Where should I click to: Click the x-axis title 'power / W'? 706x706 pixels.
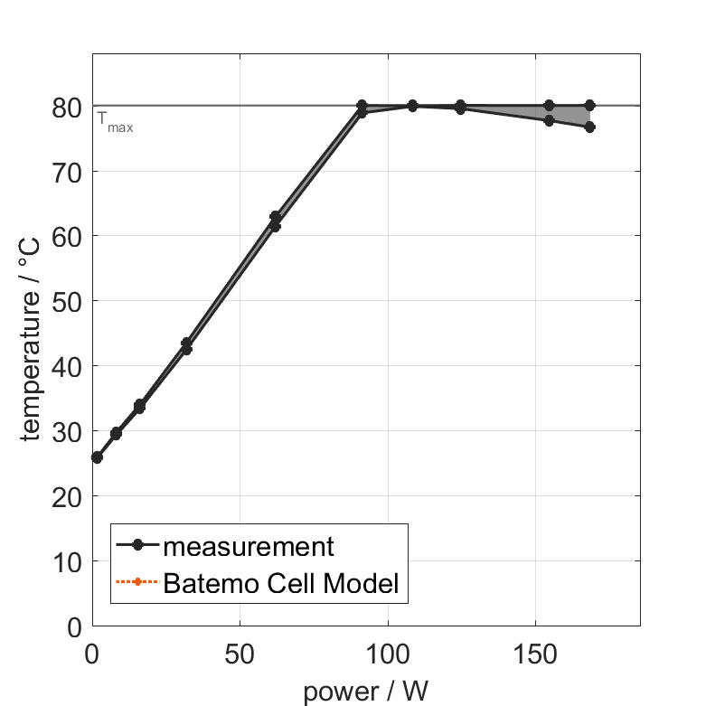[365, 692]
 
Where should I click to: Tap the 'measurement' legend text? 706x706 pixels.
[249, 546]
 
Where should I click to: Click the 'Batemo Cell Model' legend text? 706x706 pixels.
[281, 583]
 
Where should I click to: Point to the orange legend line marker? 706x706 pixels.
[137, 582]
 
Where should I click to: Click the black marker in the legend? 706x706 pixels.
[137, 545]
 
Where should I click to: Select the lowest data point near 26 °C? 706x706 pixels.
[97, 457]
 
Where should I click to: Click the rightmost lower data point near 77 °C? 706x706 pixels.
[589, 127]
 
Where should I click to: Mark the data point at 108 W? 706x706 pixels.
[412, 106]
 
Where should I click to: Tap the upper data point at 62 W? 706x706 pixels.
[275, 217]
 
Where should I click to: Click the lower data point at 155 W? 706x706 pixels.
[549, 120]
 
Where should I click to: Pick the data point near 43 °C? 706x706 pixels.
[186, 347]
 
